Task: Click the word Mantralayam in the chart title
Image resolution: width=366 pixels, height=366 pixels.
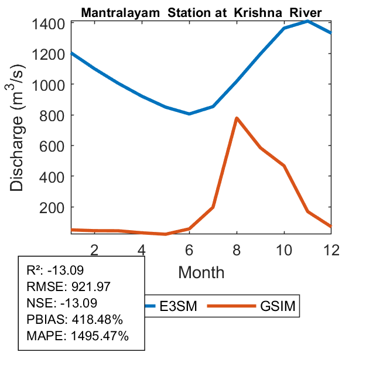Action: [x=115, y=12]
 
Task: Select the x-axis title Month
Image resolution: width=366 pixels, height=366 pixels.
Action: [x=201, y=272]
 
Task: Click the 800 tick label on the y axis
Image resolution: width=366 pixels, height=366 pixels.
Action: [x=53, y=115]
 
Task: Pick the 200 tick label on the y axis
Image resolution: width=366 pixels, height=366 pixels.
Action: [x=53, y=207]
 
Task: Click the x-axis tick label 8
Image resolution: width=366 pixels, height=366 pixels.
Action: [x=237, y=249]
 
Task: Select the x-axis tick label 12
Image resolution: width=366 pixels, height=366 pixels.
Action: [x=331, y=249]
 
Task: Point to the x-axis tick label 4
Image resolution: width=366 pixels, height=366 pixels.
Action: [x=142, y=249]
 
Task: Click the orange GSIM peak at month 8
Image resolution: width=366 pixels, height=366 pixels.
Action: [x=237, y=118]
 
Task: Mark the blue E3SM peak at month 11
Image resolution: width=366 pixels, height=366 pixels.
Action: [x=308, y=21]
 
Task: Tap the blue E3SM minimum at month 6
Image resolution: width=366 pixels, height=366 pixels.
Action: [x=189, y=114]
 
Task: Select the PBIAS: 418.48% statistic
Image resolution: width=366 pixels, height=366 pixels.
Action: [x=74, y=320]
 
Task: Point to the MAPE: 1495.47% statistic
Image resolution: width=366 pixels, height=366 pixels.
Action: [x=78, y=336]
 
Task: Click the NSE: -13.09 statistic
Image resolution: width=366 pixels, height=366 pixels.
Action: [x=62, y=303]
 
